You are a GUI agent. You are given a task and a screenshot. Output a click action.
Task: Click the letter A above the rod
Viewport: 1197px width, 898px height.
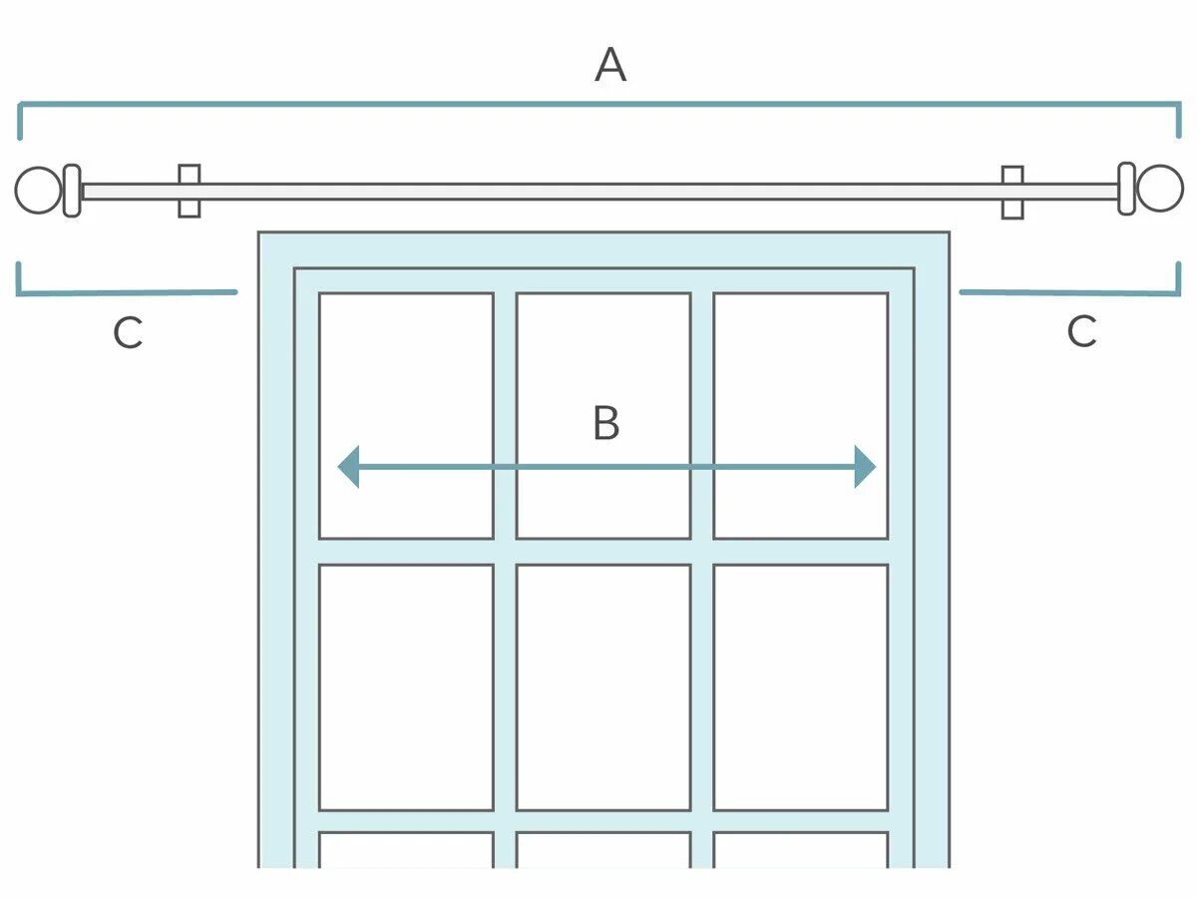610,66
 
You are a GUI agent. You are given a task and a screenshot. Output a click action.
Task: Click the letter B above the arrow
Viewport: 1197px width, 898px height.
605,423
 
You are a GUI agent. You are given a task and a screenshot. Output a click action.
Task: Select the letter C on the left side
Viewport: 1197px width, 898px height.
128,333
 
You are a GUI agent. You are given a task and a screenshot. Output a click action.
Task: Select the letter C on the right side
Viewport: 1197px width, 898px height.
1082,331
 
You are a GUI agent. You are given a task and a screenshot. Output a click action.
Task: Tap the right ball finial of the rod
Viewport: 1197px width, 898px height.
1160,189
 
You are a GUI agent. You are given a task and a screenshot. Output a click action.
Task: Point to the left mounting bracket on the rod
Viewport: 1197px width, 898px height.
190,191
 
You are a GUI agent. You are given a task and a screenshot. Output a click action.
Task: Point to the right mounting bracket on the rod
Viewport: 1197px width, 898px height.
1012,192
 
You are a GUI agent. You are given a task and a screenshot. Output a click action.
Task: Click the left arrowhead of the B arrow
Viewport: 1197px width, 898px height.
348,467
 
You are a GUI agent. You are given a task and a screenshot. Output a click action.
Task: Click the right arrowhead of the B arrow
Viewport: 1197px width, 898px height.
865,467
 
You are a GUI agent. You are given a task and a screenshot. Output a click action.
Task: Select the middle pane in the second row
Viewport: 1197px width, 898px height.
603,687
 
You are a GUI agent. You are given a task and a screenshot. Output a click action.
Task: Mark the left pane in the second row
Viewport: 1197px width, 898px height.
406,687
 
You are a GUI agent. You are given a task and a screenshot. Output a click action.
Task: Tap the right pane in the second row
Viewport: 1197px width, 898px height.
801,687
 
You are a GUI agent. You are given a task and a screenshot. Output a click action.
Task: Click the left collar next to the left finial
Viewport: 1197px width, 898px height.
72,191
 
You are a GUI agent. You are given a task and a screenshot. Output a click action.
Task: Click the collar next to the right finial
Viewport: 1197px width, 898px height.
1126,189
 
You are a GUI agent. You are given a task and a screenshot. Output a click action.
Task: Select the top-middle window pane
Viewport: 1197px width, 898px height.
603,379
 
